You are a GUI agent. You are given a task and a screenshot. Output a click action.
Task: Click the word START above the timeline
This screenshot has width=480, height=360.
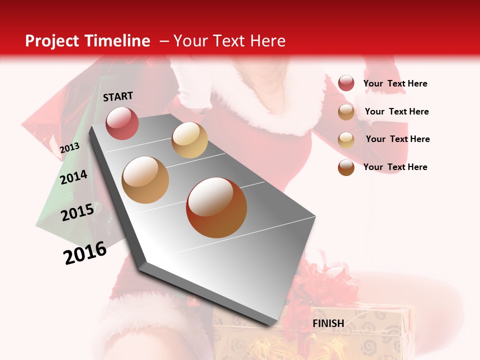tap(118, 96)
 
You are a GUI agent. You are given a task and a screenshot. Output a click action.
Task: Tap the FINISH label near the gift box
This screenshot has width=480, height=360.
tap(328, 323)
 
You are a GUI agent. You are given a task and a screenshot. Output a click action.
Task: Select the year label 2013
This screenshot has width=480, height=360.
tap(69, 148)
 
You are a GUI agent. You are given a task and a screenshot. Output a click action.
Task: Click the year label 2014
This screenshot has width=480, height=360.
tap(74, 177)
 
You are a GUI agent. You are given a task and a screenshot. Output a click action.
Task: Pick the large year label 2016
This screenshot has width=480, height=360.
tap(85, 253)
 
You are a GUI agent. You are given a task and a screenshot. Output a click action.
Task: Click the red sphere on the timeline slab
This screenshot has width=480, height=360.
tap(122, 123)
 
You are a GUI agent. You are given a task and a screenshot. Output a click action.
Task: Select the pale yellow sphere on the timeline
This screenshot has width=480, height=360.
tap(189, 140)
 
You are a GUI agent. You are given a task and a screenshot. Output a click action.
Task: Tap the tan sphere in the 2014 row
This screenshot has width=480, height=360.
tap(145, 180)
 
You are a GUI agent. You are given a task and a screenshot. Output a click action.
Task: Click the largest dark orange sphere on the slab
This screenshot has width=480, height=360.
tap(216, 207)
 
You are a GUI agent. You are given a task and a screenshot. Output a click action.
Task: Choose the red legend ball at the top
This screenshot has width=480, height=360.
tap(346, 83)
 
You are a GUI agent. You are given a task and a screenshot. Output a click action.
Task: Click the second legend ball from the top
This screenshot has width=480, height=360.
tap(346, 112)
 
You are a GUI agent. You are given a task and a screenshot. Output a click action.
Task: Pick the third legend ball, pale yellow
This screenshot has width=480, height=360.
tap(346, 140)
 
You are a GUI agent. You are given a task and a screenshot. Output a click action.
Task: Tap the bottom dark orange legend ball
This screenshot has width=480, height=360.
tap(346, 167)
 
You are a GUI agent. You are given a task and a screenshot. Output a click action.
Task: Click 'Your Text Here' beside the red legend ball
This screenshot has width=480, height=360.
tap(395, 84)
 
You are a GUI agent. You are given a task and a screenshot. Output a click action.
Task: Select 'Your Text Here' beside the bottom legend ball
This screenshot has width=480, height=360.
tap(395, 167)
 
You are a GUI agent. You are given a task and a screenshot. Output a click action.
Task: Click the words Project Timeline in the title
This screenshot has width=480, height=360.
tap(87, 41)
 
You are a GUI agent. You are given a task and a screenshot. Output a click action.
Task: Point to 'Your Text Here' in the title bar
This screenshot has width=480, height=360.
tap(229, 41)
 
